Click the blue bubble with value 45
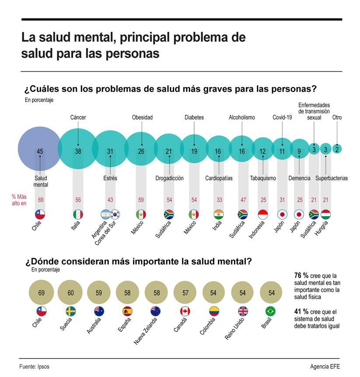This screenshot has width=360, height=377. pyautogui.click(x=39, y=148)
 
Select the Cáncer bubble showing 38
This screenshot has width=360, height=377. pyautogui.click(x=78, y=149)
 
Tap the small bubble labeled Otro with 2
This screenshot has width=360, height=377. pyautogui.click(x=337, y=149)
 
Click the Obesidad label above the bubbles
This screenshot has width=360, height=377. pyautogui.click(x=142, y=117)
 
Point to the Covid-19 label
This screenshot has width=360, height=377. pyautogui.click(x=282, y=117)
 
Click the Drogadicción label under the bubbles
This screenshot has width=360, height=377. pyautogui.click(x=169, y=178)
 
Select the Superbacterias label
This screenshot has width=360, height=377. pyautogui.click(x=332, y=178)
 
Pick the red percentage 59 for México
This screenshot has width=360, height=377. pyautogui.click(x=141, y=200)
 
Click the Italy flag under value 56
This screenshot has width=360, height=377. pyautogui.click(x=78, y=215)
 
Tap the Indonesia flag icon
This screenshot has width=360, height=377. pyautogui.click(x=263, y=215)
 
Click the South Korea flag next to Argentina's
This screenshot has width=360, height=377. pyautogui.click(x=115, y=215)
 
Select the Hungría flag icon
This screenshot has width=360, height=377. pyautogui.click(x=325, y=215)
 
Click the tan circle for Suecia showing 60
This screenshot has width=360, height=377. pyautogui.click(x=70, y=292)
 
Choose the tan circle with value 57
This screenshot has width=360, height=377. pyautogui.click(x=185, y=292)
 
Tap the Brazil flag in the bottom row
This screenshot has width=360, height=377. pyautogui.click(x=271, y=311)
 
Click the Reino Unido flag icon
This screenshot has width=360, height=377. pyautogui.click(x=242, y=311)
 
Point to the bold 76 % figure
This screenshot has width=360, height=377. pyautogui.click(x=301, y=275)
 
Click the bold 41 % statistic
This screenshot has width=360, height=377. pyautogui.click(x=301, y=312)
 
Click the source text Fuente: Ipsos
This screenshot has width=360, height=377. pyautogui.click(x=35, y=366)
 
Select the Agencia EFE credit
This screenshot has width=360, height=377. pyautogui.click(x=325, y=366)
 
